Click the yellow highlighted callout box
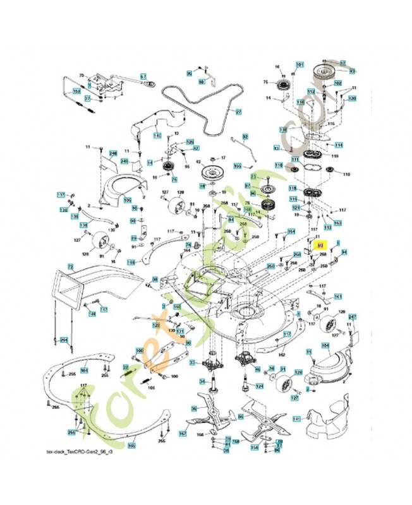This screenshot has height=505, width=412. pyautogui.click(x=319, y=244)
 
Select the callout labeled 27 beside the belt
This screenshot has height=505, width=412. pyautogui.click(x=239, y=112)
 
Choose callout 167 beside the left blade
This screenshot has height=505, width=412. pyautogui.click(x=183, y=434)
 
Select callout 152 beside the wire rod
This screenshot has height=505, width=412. pyautogui.click(x=77, y=92)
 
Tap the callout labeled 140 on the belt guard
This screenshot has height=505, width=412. pyautogui.click(x=157, y=136)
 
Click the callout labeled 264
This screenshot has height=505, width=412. pyautogui.click(x=63, y=340)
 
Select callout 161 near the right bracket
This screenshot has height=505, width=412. pyautogui.click(x=338, y=296)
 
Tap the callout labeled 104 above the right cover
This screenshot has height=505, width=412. pyautogui.click(x=325, y=345)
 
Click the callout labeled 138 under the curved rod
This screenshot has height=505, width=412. pyautogui.click(x=83, y=225)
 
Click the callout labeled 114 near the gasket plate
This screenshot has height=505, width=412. pyautogui.click(x=339, y=145)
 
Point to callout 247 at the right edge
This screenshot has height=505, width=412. pyautogui.click(x=353, y=317)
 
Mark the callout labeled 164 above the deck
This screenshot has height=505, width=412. pyautogui.click(x=291, y=232)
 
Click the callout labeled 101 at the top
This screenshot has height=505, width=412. pyautogui.click(x=300, y=65)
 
